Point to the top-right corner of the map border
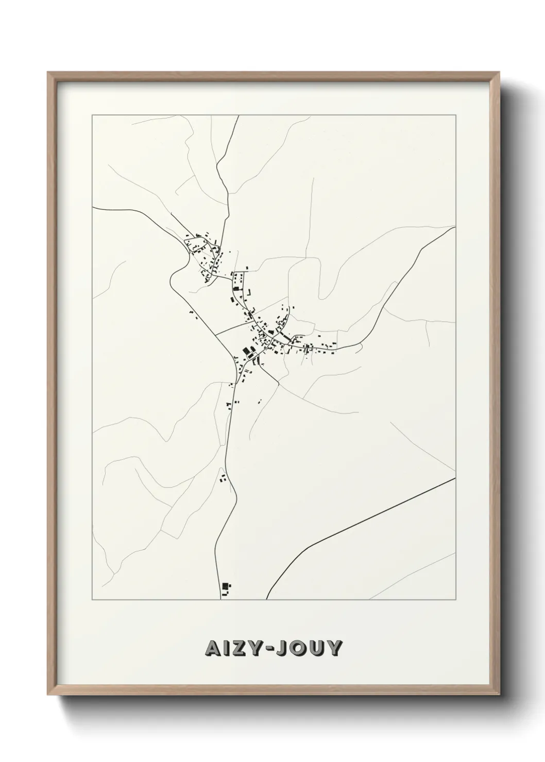pos(455,115)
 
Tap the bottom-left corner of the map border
pos(92,600)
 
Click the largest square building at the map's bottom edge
pos(225,586)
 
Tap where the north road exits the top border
pos(239,116)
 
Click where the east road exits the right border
pos(455,227)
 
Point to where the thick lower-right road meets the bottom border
pos(266,599)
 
